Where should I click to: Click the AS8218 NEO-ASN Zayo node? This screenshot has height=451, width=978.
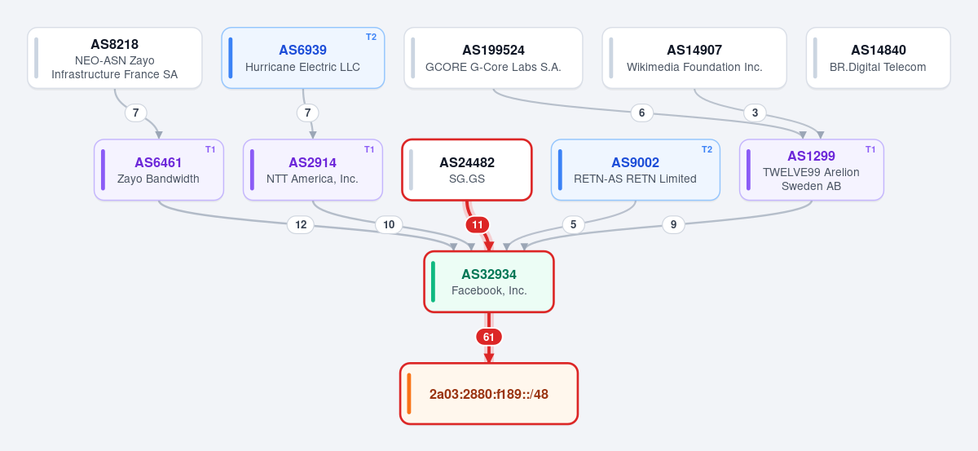pos(115,58)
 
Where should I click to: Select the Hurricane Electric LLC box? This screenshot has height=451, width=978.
pos(303,58)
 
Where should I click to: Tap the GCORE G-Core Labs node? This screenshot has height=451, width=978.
pos(493,58)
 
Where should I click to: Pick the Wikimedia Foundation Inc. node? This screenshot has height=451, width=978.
pos(694,58)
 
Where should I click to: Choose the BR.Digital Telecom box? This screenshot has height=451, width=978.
pos(878,58)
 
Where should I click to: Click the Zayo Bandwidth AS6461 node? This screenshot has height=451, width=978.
pos(159,170)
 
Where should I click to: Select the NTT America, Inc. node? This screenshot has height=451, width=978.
pos(313,170)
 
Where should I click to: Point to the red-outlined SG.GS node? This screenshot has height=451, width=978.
pos(467,170)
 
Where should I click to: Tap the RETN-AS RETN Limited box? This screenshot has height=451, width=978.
pos(635,170)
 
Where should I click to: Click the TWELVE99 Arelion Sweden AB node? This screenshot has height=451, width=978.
pos(812,170)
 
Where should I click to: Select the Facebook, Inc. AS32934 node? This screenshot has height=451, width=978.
pos(489,282)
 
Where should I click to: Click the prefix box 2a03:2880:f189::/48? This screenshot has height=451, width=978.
pos(489,394)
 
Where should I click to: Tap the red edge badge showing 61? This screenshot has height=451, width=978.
pos(488,337)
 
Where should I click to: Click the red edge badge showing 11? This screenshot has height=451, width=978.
pos(478,225)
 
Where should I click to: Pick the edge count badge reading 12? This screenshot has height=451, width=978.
pos(301,225)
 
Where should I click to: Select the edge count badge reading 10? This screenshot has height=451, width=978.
pos(389,225)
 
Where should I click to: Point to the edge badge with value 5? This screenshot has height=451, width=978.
pos(573,224)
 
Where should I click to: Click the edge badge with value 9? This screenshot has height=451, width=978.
pos(673,224)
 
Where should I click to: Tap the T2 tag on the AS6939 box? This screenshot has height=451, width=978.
pos(371,38)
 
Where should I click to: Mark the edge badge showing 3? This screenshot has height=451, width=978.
pos(755,113)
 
